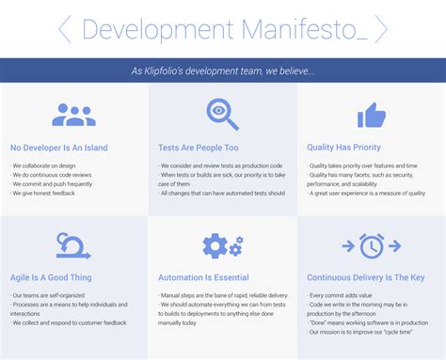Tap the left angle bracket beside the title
click(x=65, y=29)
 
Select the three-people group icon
click(x=73, y=115)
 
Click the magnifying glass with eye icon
click(x=222, y=115)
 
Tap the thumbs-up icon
click(x=371, y=116)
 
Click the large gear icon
click(x=215, y=246)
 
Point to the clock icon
click(x=372, y=246)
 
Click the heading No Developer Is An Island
click(x=58, y=148)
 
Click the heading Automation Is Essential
click(x=204, y=278)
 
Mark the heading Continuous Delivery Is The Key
click(x=365, y=278)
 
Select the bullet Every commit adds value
click(x=342, y=295)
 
